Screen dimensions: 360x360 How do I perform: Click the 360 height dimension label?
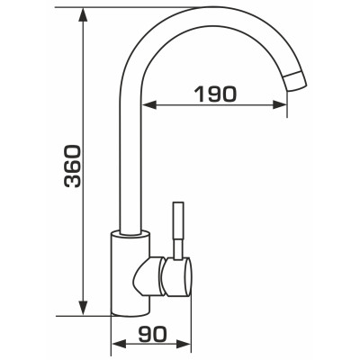click(72, 166)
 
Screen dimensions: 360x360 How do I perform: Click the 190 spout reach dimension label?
click(215, 94)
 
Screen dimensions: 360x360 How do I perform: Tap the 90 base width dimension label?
click(152, 334)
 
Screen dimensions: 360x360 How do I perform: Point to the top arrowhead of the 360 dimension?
click(83, 14)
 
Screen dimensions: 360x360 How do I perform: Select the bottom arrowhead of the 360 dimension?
click(83, 308)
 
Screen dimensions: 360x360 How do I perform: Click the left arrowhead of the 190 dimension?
click(148, 104)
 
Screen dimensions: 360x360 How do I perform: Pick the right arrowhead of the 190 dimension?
click(280, 104)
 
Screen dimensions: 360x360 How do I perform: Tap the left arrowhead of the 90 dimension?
click(119, 344)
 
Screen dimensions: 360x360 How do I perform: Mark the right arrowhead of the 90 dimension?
click(183, 344)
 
